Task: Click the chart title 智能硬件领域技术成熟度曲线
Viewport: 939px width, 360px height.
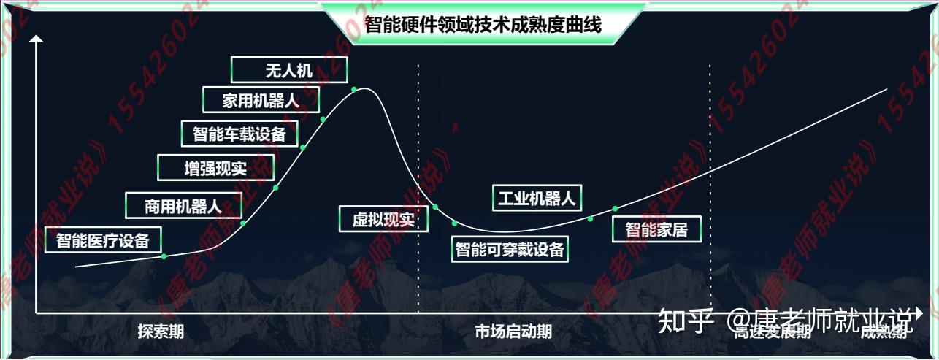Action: tap(483, 25)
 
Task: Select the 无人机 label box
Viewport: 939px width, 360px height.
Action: tap(288, 70)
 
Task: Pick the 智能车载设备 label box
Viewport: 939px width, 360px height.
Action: tap(239, 134)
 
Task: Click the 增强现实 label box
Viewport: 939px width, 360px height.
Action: tap(215, 169)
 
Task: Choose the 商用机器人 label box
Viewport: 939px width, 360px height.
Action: tap(183, 206)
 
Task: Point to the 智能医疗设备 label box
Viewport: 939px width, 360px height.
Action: tap(103, 240)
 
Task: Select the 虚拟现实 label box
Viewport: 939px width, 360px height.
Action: tap(383, 219)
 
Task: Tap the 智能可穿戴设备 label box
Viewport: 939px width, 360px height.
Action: tap(510, 249)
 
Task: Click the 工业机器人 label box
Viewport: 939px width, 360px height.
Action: tap(537, 197)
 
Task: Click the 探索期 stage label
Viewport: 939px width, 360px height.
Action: tap(161, 332)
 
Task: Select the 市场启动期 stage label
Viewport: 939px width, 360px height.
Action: tap(513, 332)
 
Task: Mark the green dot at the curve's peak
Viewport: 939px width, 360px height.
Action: tap(354, 90)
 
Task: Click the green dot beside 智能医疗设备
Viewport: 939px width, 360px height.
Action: tap(164, 256)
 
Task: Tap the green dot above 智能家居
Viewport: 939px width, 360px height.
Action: tap(615, 209)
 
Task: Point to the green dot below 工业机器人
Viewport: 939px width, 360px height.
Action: tap(591, 218)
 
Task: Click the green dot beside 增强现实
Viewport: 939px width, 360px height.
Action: tap(276, 188)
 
